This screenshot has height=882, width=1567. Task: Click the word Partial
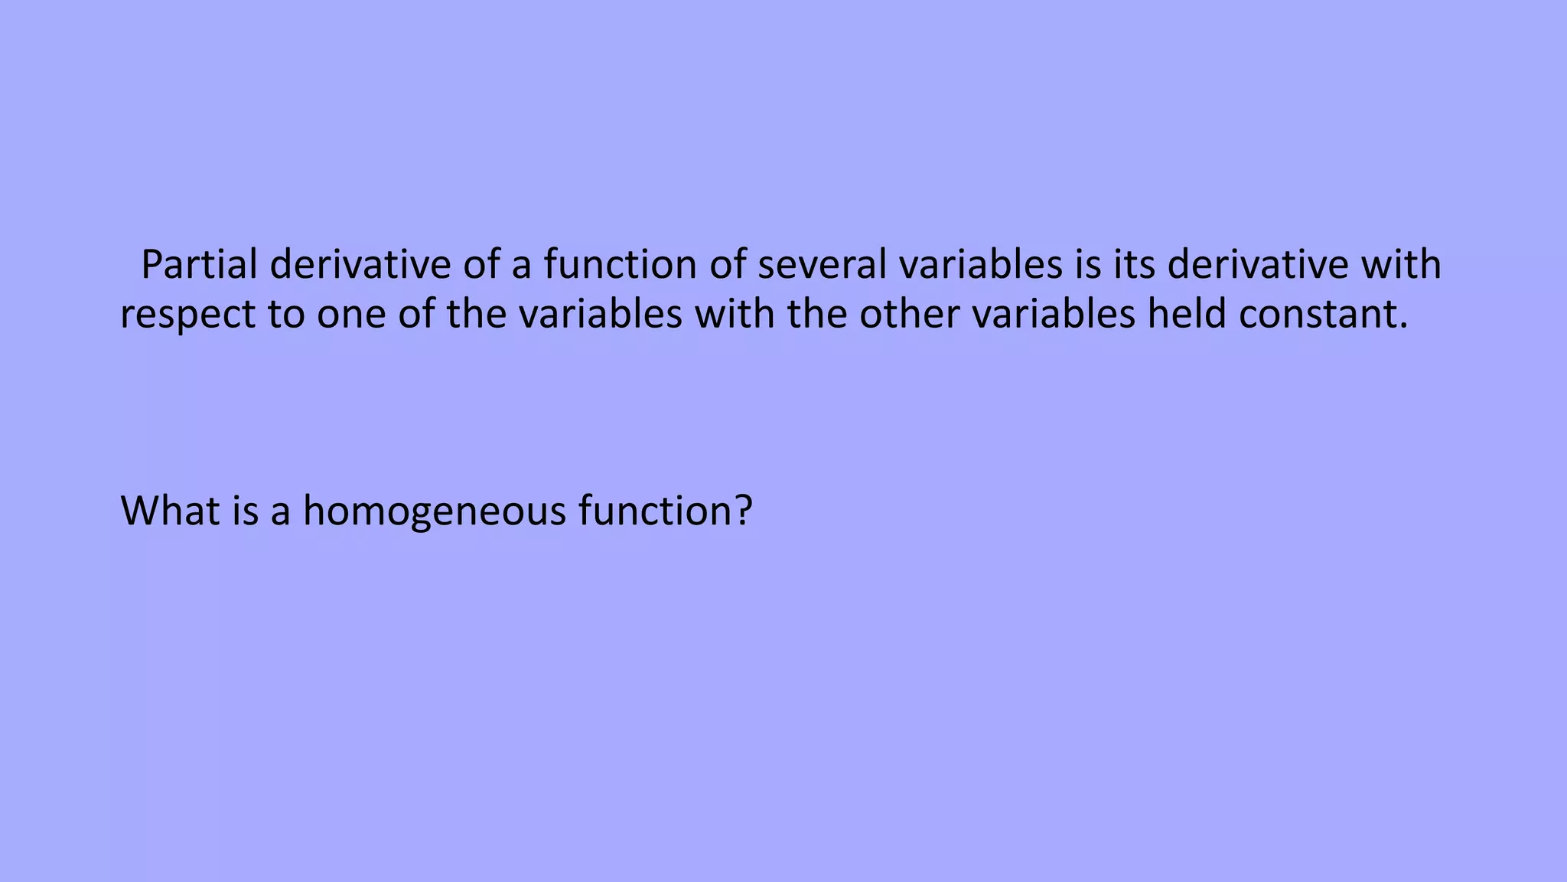pos(199,265)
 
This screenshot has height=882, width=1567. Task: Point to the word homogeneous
pos(434,511)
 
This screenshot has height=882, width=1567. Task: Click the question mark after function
pos(743,510)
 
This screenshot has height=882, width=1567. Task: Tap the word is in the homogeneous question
pos(246,510)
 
